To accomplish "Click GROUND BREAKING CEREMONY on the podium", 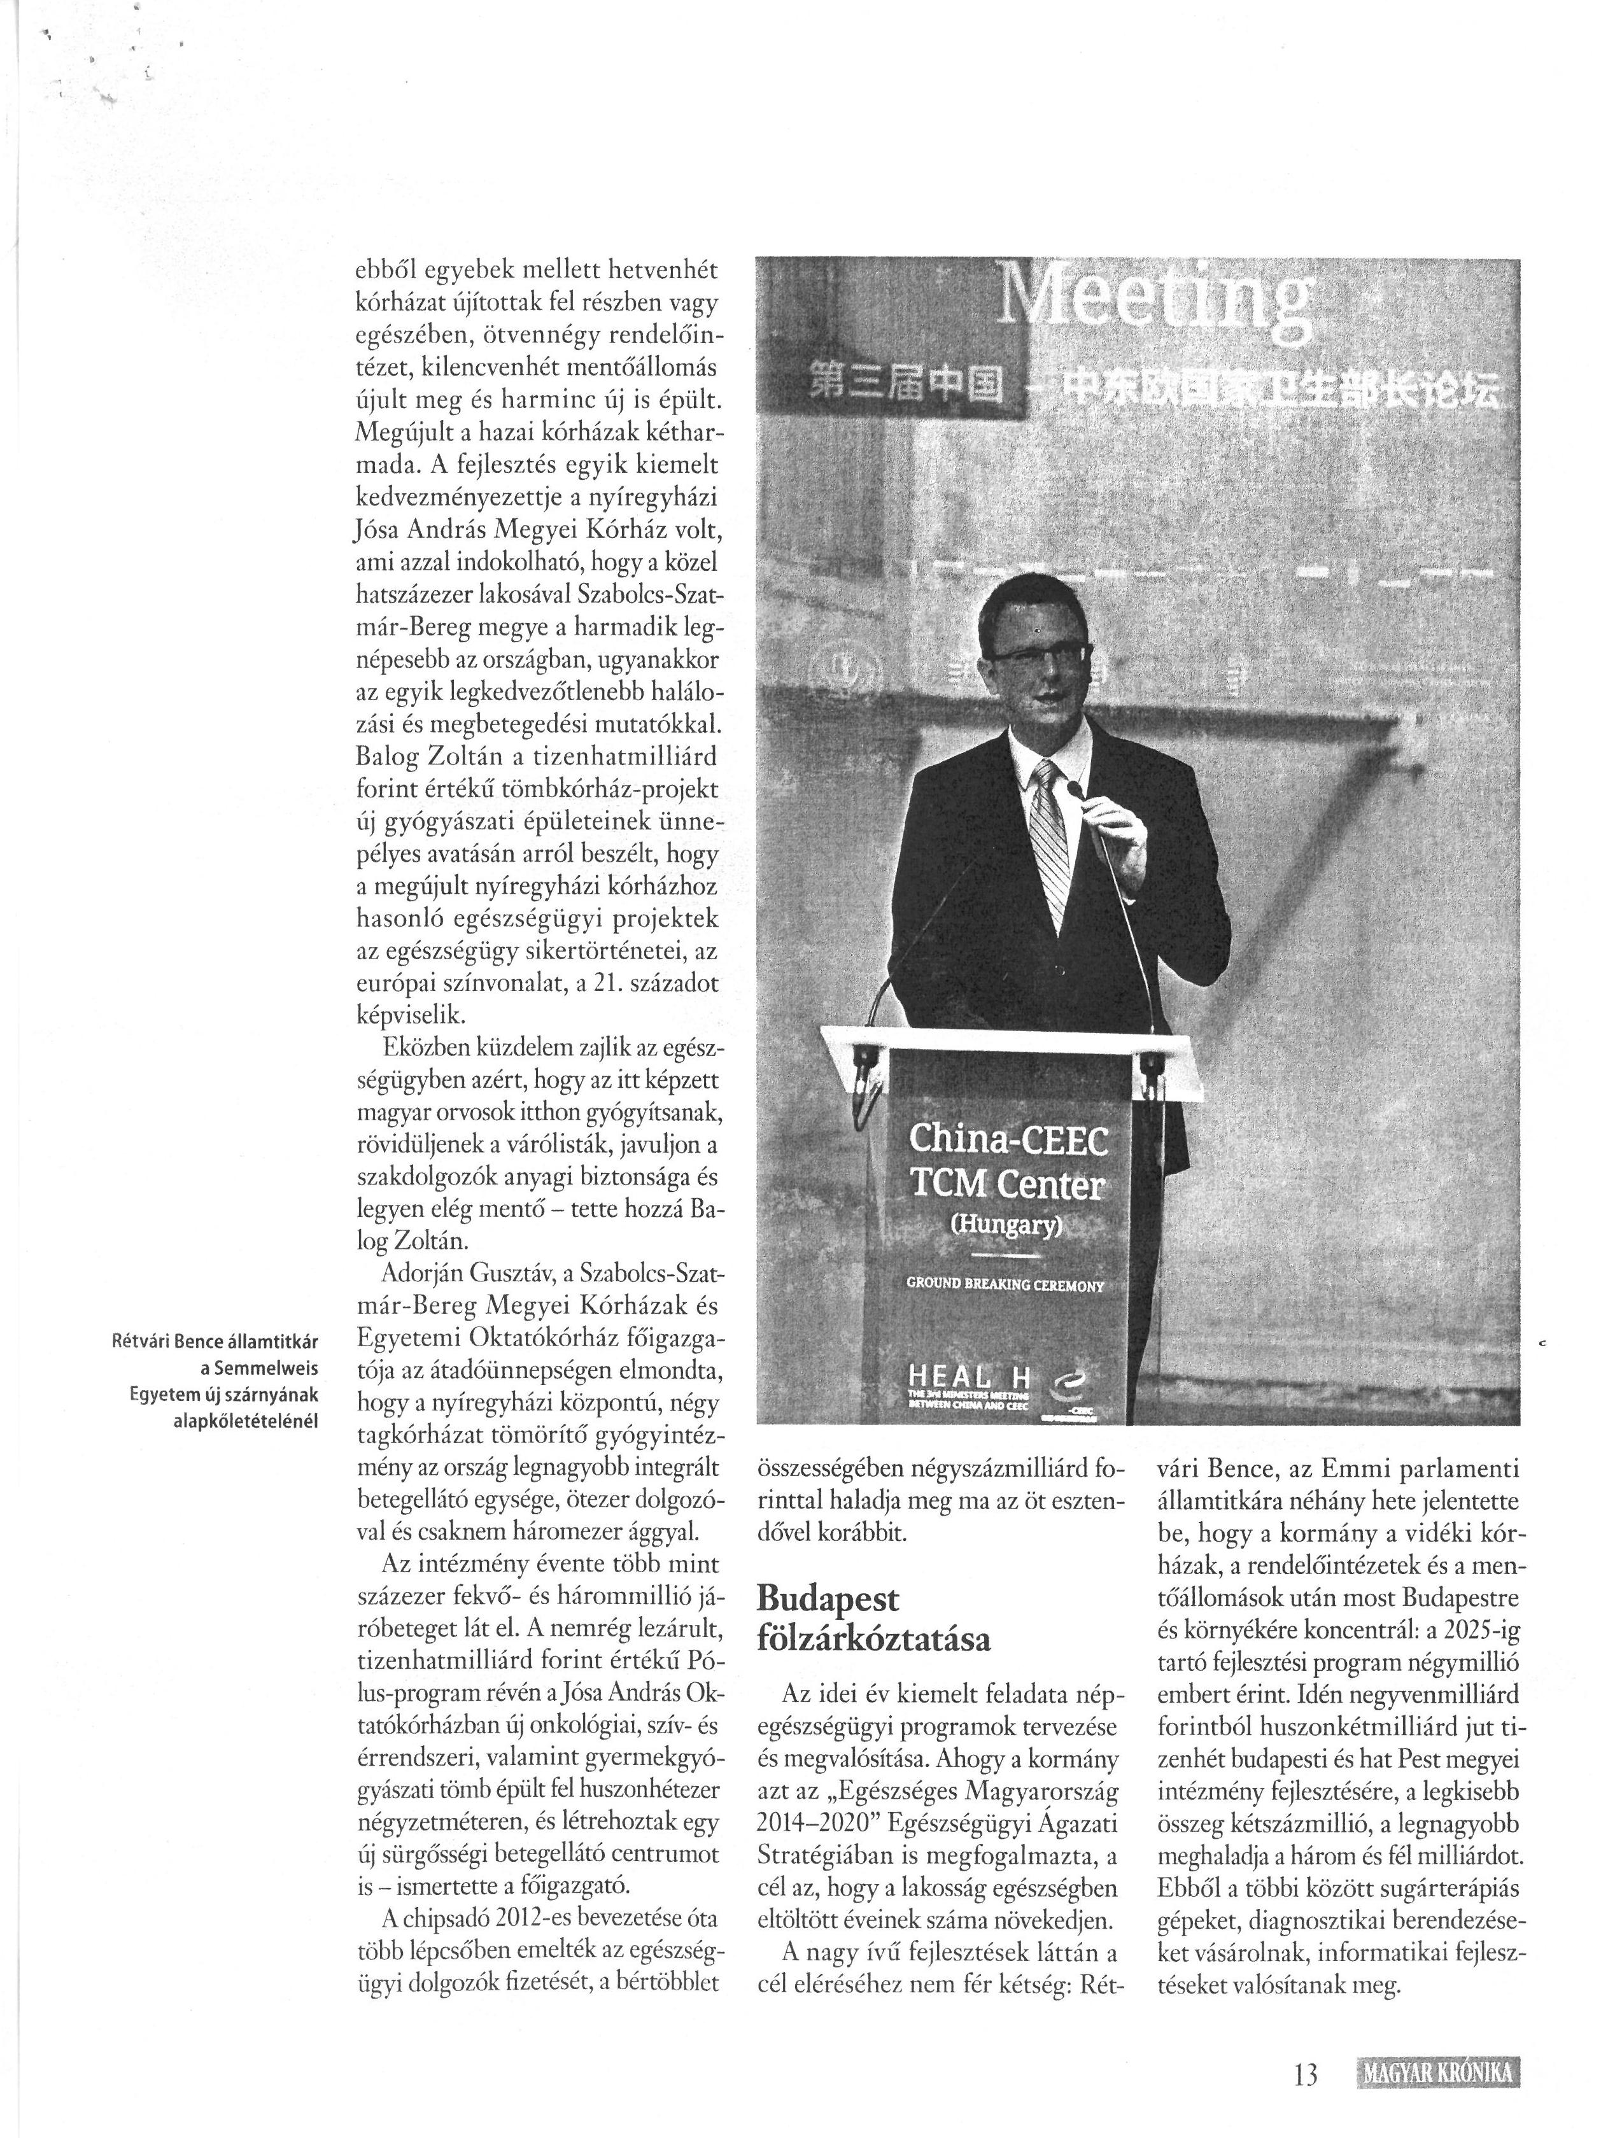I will pyautogui.click(x=1005, y=1286).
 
